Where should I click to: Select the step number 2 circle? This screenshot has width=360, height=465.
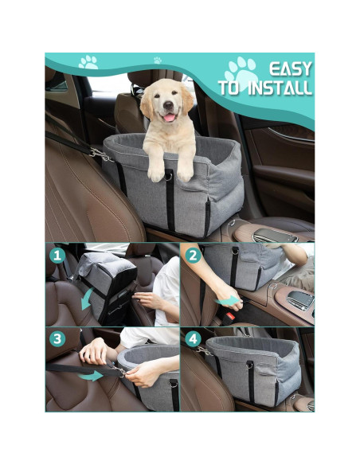pos(193,256)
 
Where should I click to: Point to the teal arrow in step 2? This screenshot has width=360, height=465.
pos(229,302)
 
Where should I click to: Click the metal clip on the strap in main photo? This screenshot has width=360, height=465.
pos(97,153)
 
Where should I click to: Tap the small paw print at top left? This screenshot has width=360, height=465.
pos(88,61)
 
